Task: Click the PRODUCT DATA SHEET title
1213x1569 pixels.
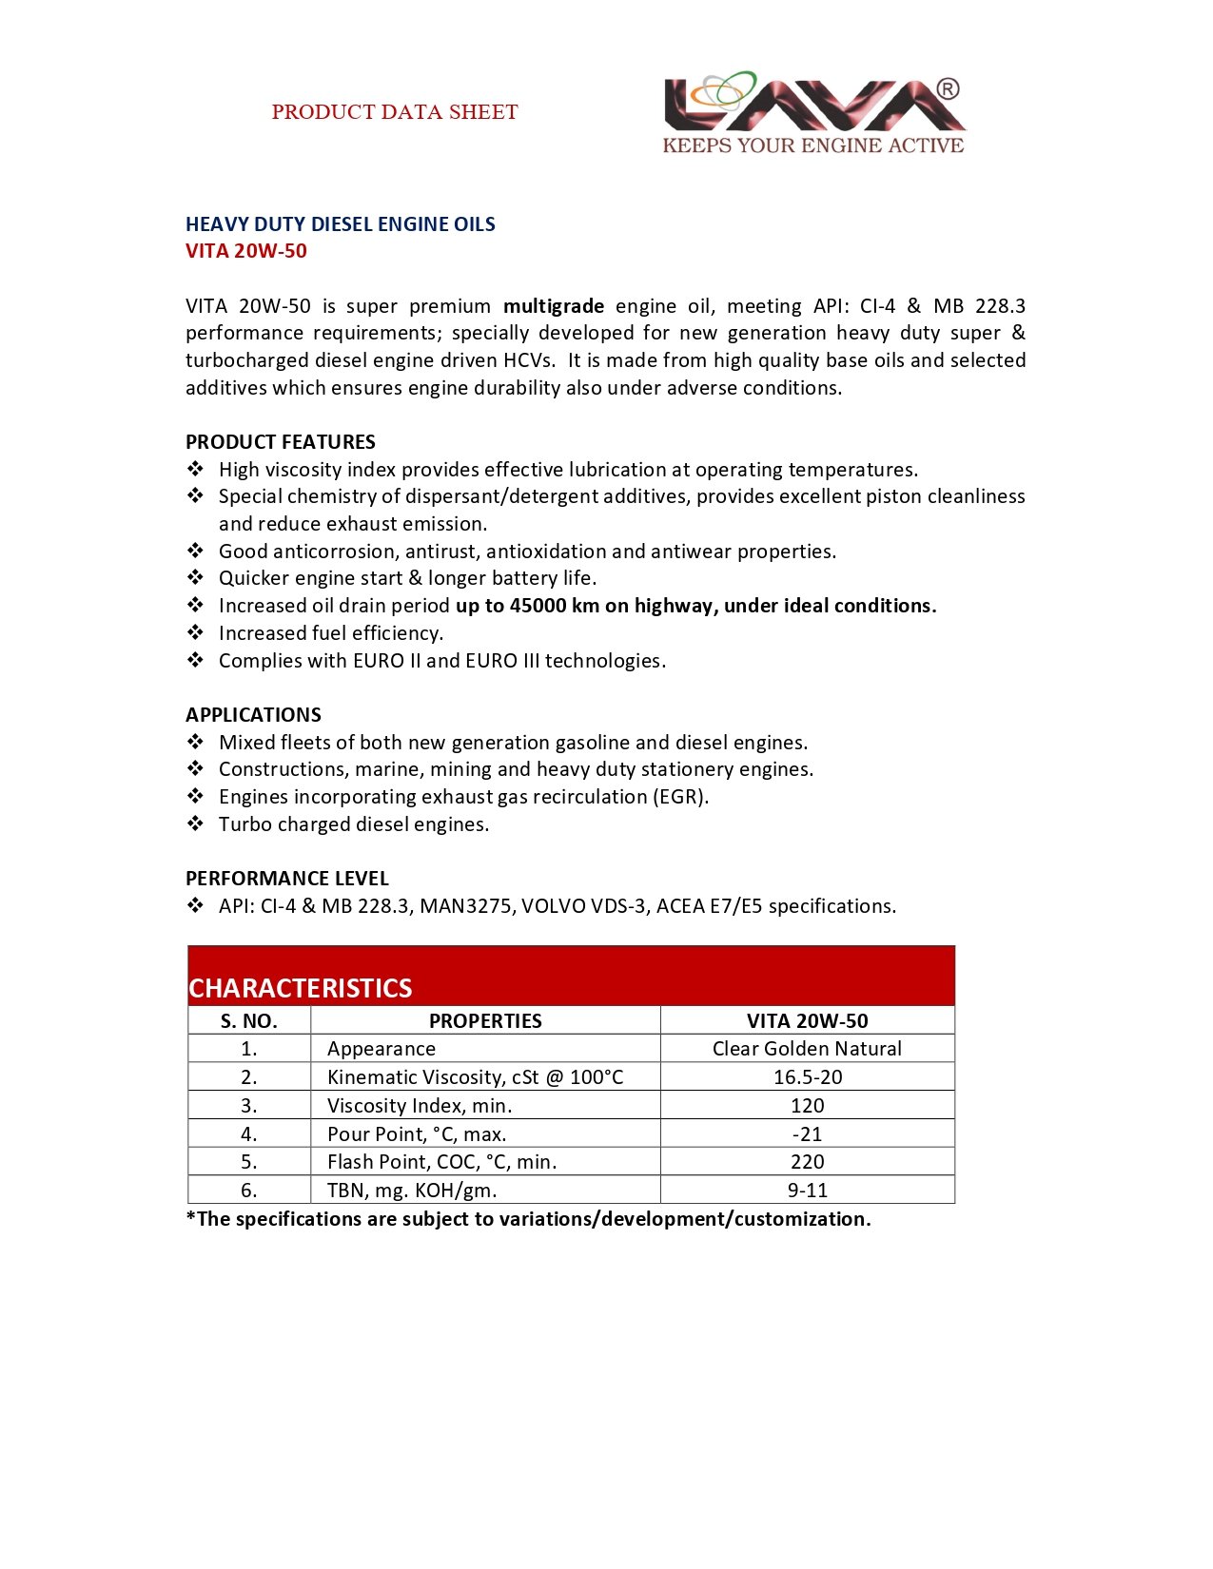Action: (394, 112)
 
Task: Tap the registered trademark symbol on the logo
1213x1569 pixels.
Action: (948, 89)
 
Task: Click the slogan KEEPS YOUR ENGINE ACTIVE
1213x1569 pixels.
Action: (812, 145)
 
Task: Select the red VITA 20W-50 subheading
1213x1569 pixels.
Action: (245, 251)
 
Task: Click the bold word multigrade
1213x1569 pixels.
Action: (553, 306)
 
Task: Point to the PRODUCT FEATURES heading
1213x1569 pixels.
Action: (280, 442)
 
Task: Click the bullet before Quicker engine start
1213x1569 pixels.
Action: (195, 577)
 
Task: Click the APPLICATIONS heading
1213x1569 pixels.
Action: (253, 715)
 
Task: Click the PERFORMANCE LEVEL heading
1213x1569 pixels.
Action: (286, 879)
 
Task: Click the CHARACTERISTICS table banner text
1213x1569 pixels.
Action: (300, 988)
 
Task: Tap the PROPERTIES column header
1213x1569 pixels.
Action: (485, 1021)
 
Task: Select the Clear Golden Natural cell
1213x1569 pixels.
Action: (807, 1049)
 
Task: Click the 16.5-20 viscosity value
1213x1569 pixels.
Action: (807, 1077)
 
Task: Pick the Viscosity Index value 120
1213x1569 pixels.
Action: (807, 1106)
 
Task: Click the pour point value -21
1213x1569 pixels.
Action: (807, 1134)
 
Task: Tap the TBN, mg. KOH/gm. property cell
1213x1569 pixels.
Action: (412, 1191)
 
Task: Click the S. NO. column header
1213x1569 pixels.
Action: (249, 1021)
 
